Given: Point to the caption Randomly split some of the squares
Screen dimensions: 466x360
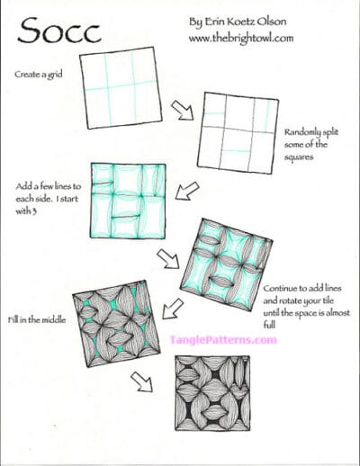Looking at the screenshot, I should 311,142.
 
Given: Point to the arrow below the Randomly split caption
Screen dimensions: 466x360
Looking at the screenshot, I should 186,190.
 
